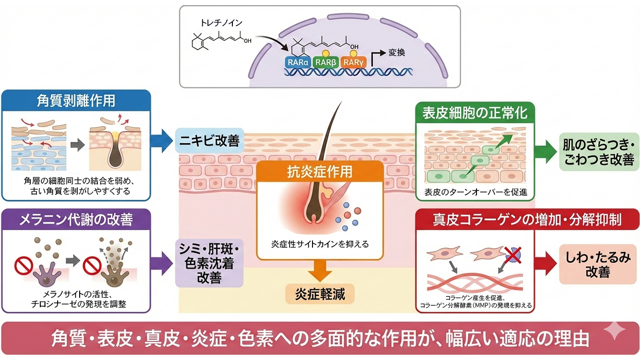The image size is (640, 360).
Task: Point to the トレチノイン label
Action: (217, 22)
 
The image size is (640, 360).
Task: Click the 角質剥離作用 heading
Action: (76, 100)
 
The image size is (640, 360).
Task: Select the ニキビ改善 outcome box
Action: (210, 140)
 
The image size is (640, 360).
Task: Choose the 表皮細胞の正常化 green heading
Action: (475, 112)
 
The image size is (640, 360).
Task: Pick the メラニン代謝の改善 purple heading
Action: (76, 219)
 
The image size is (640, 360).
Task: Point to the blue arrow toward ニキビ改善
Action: (161, 140)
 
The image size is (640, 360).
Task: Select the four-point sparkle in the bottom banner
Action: (614, 331)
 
